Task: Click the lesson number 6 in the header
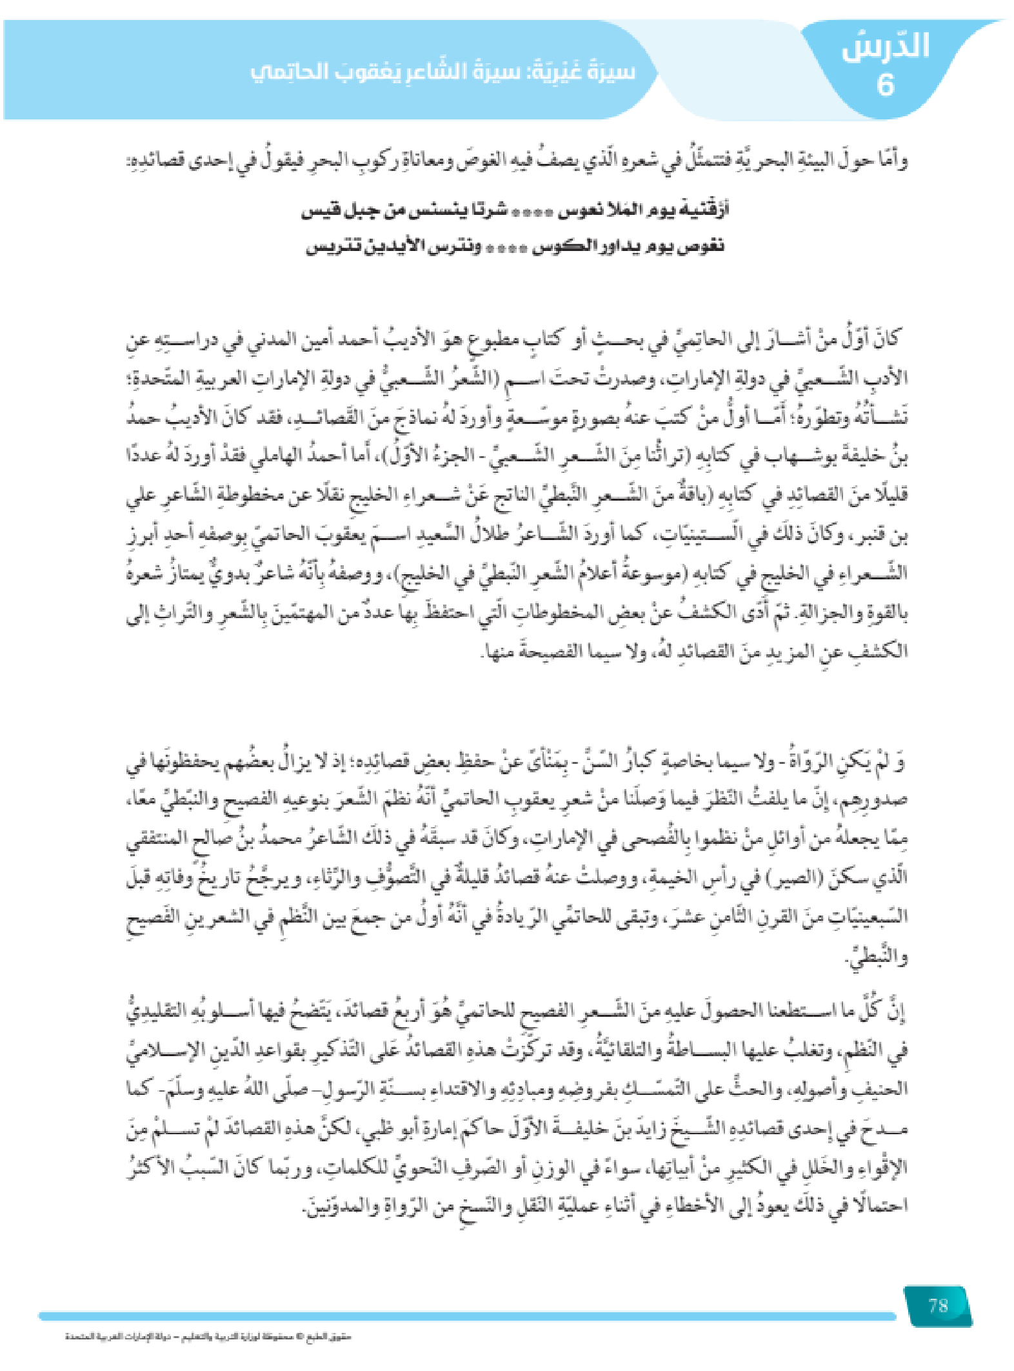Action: click(885, 85)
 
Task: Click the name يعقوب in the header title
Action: click(370, 72)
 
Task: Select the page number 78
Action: click(938, 1306)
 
